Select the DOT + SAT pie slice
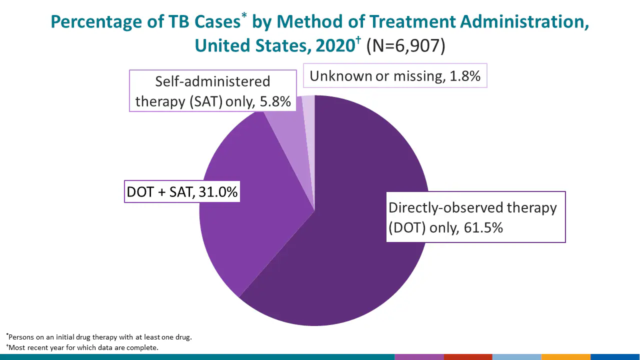click(250, 225)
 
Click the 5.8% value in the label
click(274, 101)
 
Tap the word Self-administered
click(212, 81)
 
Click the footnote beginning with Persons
click(100, 337)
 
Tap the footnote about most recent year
click(83, 347)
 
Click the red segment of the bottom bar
click(468, 357)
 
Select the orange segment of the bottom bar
click(565, 357)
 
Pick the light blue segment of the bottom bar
click(516, 357)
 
